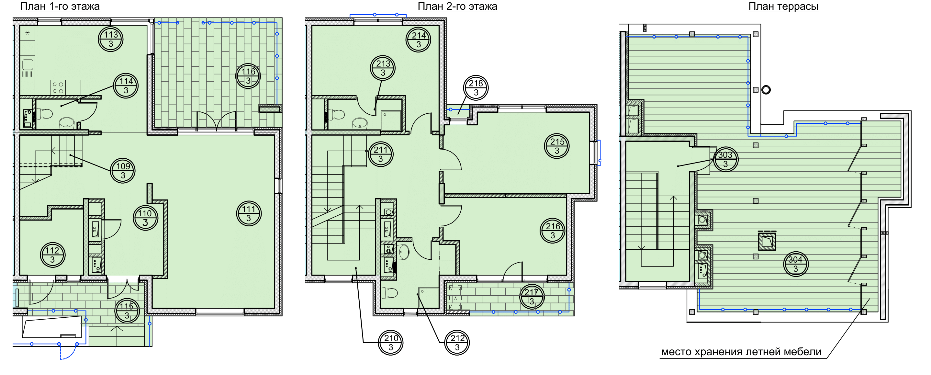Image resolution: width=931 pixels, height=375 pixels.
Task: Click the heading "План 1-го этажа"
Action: [60, 6]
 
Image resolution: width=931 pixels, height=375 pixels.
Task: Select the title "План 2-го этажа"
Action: [457, 6]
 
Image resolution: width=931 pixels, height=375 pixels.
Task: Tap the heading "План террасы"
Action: [783, 6]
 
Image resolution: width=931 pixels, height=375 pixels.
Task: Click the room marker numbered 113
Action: [111, 39]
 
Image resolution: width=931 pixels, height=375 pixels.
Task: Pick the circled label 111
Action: [249, 213]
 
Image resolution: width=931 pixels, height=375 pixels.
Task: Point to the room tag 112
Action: [52, 255]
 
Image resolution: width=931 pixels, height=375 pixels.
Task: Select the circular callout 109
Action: [123, 171]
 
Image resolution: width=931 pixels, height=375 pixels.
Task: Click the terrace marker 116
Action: [248, 76]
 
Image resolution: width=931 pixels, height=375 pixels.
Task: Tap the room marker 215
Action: [557, 146]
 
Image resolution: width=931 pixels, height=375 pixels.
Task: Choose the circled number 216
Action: [553, 231]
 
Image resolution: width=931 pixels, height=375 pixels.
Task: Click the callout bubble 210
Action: [391, 342]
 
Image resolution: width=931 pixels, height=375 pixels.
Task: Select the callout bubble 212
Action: [457, 342]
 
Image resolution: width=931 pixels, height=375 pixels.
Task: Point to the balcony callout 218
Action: [476, 88]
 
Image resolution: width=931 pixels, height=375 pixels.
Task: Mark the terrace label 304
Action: [796, 264]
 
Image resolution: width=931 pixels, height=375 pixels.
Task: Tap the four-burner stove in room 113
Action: [58, 87]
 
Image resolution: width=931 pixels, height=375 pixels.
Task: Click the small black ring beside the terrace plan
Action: [766, 89]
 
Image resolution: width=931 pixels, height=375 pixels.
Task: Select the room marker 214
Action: [419, 40]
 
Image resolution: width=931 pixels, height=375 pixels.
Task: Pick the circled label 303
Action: [725, 159]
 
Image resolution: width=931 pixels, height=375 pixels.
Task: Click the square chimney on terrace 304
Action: [767, 241]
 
